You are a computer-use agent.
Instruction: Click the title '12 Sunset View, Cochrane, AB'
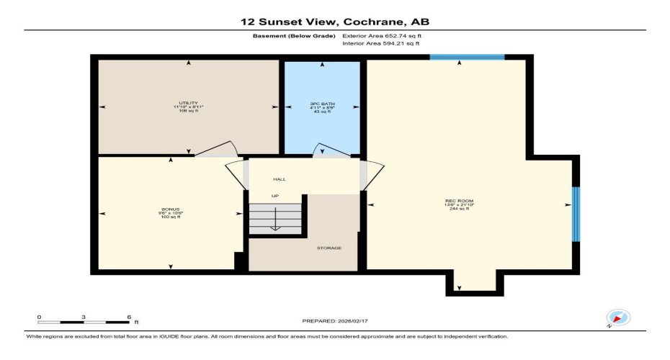[334, 22]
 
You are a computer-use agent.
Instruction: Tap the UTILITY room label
[189, 103]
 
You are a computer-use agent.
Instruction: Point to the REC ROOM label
[459, 201]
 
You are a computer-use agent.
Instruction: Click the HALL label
[280, 179]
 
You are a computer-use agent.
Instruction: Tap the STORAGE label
[329, 248]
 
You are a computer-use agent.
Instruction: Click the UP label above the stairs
[274, 196]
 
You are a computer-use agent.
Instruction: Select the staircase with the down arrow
[274, 218]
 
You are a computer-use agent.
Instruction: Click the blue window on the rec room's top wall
[457, 57]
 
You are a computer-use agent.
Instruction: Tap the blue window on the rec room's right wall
[576, 214]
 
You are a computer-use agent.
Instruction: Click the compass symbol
[618, 318]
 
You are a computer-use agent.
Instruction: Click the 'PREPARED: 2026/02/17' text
[334, 320]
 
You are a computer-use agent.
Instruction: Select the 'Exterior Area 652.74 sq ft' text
[383, 35]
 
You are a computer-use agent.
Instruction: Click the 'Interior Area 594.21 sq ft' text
[381, 44]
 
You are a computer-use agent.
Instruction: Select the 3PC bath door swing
[333, 150]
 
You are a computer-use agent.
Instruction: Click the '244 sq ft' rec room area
[459, 208]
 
